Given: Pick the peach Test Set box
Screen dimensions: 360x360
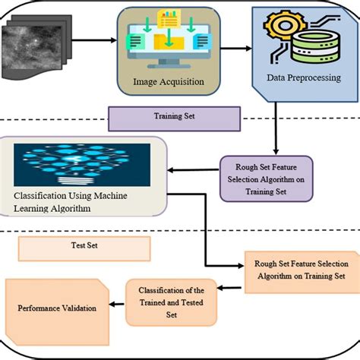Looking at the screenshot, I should tap(84, 247).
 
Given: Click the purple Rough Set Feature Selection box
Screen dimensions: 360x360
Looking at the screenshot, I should tap(265, 178).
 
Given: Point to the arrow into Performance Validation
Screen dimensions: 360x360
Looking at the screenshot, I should tap(115, 303).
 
